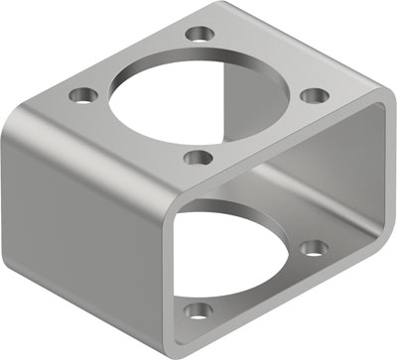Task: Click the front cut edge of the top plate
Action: [x=278, y=149]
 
